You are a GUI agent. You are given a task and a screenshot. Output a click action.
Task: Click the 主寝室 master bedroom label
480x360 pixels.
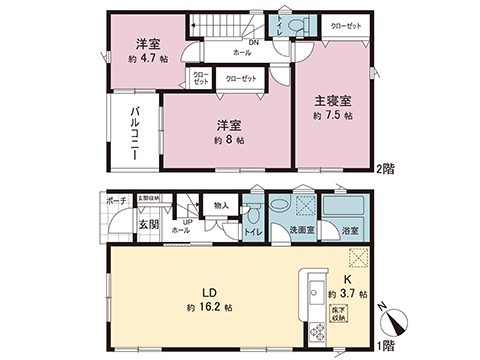tap(332, 100)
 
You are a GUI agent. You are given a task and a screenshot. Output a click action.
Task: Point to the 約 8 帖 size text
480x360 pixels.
tap(229, 141)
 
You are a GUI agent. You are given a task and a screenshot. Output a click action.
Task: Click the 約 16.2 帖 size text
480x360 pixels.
tap(208, 306)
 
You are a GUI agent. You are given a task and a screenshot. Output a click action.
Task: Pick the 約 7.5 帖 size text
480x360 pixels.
tap(332, 116)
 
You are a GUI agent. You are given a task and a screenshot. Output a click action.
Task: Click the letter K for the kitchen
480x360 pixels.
tap(349, 279)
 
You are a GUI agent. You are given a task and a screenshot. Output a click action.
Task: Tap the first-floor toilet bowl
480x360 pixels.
tap(255, 214)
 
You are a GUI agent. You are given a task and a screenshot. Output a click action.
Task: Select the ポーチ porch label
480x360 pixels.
tap(116, 202)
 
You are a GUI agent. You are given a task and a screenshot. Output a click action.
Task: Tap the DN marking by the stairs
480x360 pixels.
tap(227, 41)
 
